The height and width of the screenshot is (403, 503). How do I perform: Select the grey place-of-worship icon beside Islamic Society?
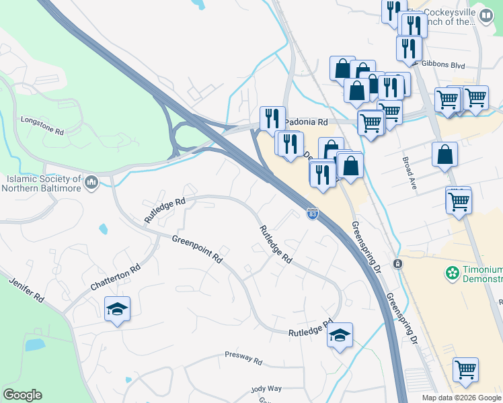coord(91,181)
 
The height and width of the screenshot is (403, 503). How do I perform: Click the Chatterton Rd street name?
coord(116,277)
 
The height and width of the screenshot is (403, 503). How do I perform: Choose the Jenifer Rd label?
coord(26,287)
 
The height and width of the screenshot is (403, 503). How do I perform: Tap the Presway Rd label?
coord(243,357)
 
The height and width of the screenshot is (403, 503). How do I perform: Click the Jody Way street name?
coord(266,389)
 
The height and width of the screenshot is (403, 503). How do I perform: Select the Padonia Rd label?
coord(306,123)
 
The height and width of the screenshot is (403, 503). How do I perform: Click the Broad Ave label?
coord(410,173)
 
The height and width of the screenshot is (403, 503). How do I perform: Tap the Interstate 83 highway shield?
coord(313,214)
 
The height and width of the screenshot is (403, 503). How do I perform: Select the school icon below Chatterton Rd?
coord(117,310)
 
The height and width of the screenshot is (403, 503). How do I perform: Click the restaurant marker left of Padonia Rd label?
coord(272,119)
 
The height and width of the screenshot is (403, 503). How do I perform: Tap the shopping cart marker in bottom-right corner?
coord(465,369)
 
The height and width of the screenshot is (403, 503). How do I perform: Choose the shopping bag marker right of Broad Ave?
coord(444,154)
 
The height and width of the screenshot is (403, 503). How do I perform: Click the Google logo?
coord(22,395)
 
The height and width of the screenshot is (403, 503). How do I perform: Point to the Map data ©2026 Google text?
coord(461,398)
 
